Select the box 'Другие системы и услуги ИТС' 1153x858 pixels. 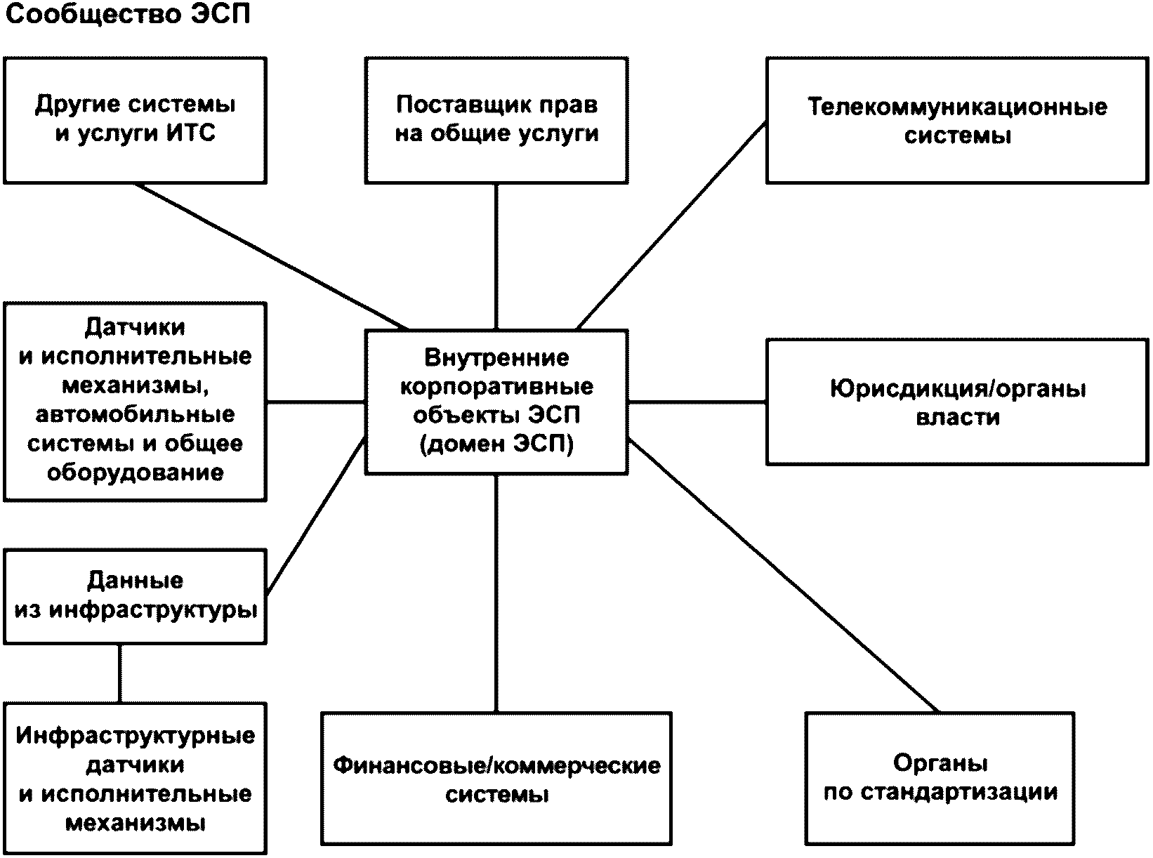point(135,120)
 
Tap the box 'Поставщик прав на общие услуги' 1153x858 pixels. point(496,120)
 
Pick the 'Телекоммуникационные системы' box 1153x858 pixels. point(957,120)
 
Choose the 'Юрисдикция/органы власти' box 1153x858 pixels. point(957,402)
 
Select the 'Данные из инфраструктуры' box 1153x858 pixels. point(135,596)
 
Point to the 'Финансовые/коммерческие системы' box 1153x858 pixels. point(496,779)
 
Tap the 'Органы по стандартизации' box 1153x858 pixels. point(940,778)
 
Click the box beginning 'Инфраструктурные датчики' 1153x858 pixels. point(135,779)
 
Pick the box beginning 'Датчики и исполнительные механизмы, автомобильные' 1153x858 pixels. point(135,401)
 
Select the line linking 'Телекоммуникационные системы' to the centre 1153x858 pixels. point(671,225)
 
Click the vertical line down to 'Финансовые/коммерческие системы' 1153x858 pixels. point(496,593)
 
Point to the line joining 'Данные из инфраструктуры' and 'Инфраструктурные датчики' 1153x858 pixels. point(120,673)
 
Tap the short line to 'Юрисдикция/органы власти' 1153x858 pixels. point(697,402)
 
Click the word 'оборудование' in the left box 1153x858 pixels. point(135,473)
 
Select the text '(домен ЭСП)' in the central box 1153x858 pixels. point(496,444)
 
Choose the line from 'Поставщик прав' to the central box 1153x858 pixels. point(496,256)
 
